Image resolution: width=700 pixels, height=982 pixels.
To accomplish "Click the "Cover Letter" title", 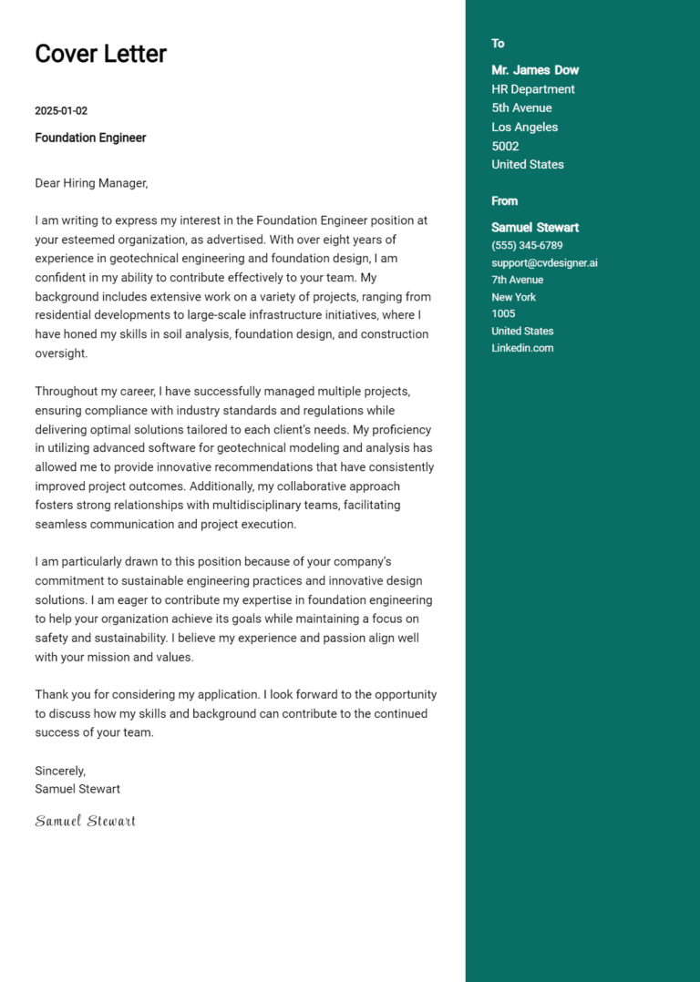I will pos(100,54).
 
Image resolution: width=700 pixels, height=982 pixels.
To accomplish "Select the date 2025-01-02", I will pos(61,111).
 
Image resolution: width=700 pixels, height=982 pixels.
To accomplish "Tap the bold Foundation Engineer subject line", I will pos(90,138).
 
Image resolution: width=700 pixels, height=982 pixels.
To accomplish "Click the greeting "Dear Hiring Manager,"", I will pos(91,183).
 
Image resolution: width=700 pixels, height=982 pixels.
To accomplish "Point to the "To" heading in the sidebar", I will pos(498,44).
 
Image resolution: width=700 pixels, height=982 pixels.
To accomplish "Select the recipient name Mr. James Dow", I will pos(535,70).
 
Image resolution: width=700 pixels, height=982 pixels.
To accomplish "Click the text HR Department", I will pos(533,89).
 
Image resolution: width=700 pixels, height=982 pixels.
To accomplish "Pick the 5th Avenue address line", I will pos(521,108).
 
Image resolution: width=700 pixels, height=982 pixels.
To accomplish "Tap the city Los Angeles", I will pos(524,128).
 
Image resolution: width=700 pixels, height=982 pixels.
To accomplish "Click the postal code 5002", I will pos(505,146).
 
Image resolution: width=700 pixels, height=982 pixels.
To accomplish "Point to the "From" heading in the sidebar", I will pos(504,201).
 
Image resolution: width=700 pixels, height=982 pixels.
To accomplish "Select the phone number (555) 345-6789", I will pos(527,246).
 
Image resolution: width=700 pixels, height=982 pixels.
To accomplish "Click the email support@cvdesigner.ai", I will pos(544,263).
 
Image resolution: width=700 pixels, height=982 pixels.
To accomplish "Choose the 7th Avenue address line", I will pos(517,280).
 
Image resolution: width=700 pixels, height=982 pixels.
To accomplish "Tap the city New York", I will pos(513,297).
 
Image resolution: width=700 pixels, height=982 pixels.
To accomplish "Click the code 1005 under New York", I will pos(503,313).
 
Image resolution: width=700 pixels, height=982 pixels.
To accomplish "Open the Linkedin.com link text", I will pos(522,348).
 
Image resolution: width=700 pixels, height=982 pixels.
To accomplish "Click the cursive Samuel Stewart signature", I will pos(85,821).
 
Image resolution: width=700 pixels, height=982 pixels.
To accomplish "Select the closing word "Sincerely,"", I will pos(60,771).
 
